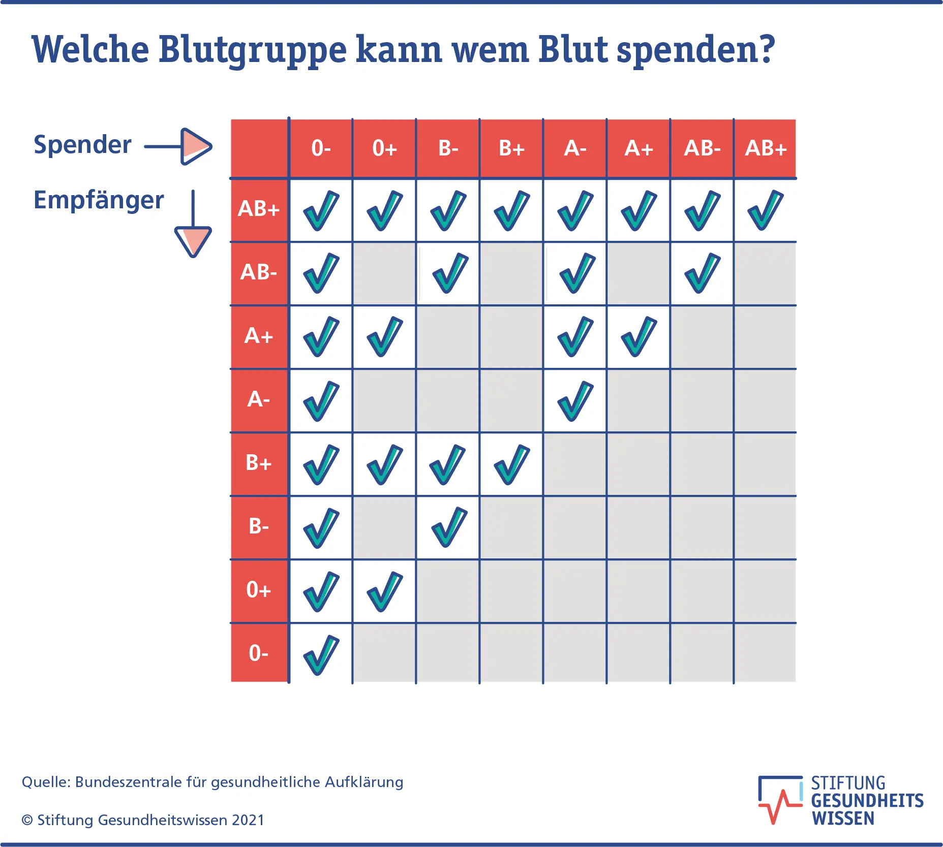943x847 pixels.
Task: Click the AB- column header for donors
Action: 702,148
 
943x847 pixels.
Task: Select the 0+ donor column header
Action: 384,148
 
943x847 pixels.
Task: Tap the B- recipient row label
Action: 259,526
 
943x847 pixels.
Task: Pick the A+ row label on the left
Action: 259,336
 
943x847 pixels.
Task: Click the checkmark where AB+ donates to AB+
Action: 765,210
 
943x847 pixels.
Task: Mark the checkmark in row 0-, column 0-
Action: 321,654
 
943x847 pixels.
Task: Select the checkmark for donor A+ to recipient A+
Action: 638,336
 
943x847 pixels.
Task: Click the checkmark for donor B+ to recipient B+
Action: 511,464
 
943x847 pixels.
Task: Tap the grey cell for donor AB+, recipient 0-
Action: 765,653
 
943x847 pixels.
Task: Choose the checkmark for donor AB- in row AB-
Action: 702,273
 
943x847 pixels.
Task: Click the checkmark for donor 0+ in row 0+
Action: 384,591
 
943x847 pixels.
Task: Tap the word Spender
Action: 82,145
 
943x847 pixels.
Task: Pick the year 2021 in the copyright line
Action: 248,820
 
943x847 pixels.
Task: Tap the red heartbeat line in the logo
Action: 778,806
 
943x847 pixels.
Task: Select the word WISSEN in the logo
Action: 843,818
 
